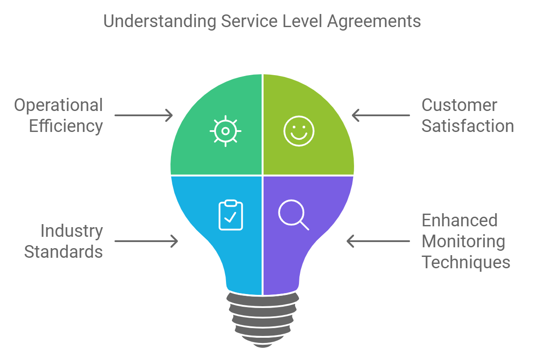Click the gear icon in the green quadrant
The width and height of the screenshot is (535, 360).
(x=226, y=131)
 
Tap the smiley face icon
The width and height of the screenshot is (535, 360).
(x=299, y=131)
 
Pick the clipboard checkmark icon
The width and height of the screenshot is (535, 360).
(x=230, y=215)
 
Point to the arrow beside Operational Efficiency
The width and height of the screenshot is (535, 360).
(x=144, y=115)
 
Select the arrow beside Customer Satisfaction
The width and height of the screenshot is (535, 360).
(x=381, y=115)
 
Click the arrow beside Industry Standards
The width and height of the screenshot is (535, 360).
(x=146, y=241)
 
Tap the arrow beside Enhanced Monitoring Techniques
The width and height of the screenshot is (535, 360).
(x=378, y=241)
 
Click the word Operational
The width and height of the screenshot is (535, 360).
(x=59, y=105)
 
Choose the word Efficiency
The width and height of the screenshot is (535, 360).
(x=66, y=126)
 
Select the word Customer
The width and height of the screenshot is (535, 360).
(x=459, y=105)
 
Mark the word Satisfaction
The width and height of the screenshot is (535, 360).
(x=468, y=126)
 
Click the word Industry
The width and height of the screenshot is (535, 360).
(x=72, y=231)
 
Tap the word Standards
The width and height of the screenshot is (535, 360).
(x=64, y=252)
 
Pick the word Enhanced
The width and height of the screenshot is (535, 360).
(x=459, y=220)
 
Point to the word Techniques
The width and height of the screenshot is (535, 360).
(x=466, y=262)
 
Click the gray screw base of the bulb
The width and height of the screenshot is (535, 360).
(x=263, y=319)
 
